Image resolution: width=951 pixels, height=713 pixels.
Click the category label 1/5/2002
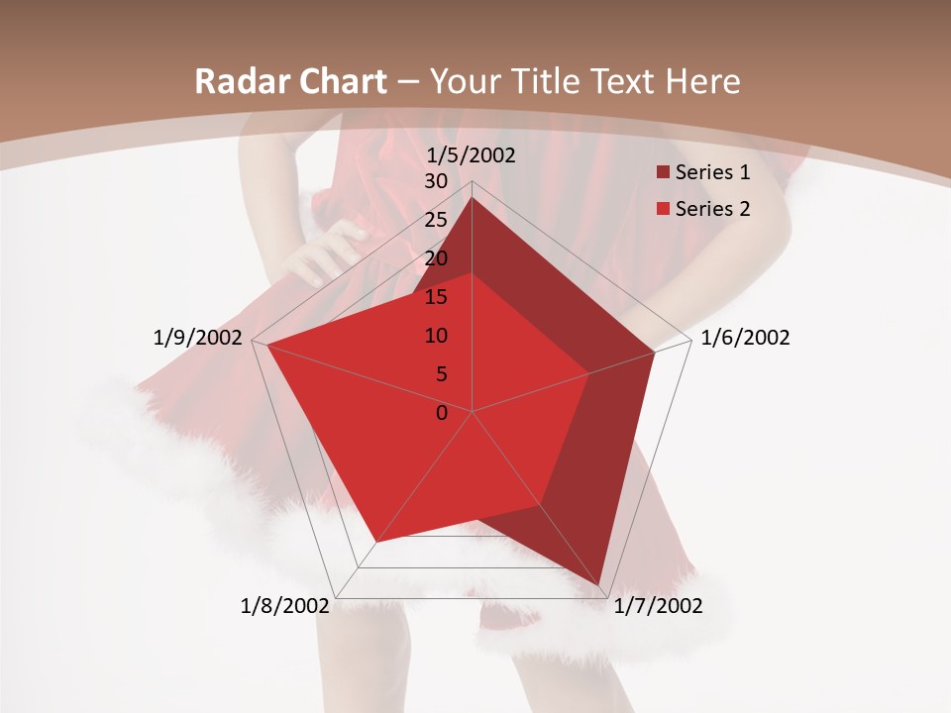tap(471, 155)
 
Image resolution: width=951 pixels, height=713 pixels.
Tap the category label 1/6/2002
tap(745, 338)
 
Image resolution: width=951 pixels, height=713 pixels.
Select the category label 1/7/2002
tap(658, 606)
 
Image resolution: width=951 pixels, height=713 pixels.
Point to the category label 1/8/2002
tap(284, 606)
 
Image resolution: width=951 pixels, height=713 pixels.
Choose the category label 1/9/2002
tap(198, 338)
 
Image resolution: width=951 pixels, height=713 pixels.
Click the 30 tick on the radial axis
tap(436, 181)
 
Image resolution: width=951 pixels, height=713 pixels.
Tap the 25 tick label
tap(436, 220)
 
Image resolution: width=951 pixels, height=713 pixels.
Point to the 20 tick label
tap(436, 258)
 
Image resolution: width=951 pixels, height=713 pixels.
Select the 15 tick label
tap(436, 297)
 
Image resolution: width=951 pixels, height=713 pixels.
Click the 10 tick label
tap(436, 336)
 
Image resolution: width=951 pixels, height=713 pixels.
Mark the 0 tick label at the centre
tap(442, 413)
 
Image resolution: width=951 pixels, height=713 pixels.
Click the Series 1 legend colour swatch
tap(662, 173)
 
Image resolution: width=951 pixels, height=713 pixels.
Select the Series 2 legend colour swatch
tap(662, 209)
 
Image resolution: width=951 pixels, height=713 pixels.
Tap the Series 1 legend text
tap(712, 173)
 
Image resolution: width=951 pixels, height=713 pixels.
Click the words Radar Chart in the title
tap(290, 82)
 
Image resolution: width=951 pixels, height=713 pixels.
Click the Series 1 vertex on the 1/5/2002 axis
tap(473, 197)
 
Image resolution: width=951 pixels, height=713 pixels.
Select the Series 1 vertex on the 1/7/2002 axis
tap(599, 584)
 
